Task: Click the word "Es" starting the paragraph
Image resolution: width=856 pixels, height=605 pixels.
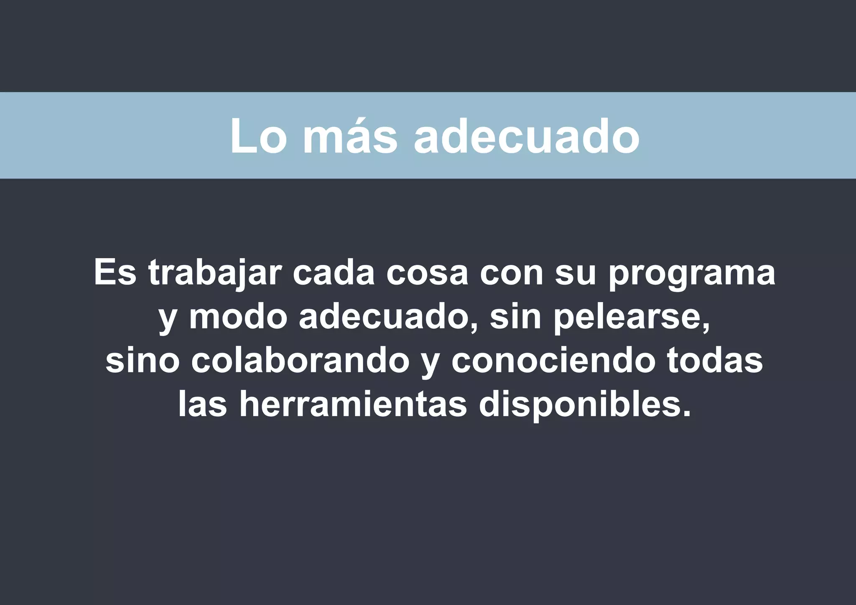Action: tap(115, 273)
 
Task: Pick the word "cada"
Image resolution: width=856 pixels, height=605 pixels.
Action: tap(333, 273)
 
